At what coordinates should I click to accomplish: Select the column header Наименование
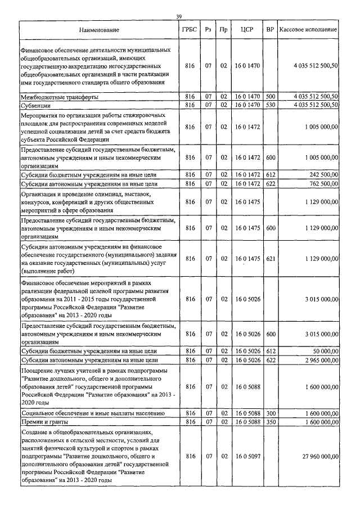tap(99, 29)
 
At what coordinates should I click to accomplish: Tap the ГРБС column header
tap(189, 29)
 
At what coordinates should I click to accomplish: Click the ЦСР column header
tap(247, 29)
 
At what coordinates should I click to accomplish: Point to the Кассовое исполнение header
tap(308, 29)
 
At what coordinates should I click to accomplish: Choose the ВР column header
tap(270, 29)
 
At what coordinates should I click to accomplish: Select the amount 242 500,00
tap(322, 175)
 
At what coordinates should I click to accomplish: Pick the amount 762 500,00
tap(322, 183)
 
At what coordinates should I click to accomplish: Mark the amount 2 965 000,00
tap(318, 359)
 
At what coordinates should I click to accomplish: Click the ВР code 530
tap(270, 105)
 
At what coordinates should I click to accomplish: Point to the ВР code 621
tap(270, 258)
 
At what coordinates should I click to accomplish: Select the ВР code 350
tap(270, 421)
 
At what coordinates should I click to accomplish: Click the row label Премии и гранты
tap(46, 421)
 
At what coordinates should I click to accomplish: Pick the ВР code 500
tap(270, 97)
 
